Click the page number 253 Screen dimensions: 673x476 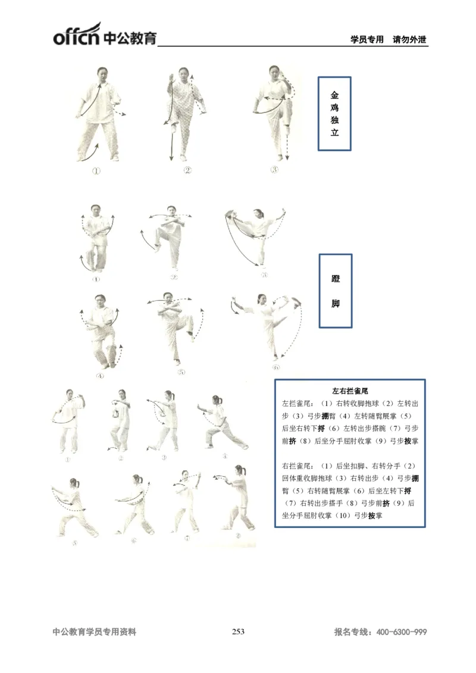[238, 632]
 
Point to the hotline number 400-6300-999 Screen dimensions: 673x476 [402, 633]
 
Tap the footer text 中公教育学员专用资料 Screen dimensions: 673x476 [95, 633]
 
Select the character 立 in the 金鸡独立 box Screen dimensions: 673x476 [334, 133]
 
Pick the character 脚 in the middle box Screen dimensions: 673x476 [336, 304]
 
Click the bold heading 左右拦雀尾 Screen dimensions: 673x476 [350, 391]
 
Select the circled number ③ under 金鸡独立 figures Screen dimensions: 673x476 [274, 169]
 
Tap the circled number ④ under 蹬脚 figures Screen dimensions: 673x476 [99, 376]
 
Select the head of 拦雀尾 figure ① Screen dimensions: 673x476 [70, 394]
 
